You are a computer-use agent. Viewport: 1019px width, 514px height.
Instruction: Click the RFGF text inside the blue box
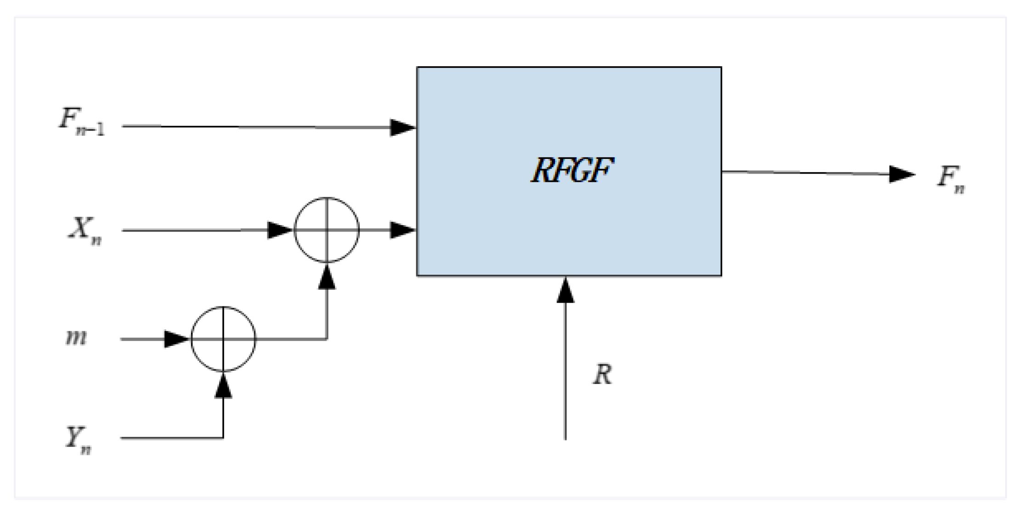[572, 171]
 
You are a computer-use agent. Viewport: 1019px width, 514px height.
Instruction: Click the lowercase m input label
[76, 338]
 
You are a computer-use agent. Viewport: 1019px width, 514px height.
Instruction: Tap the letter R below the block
[602, 375]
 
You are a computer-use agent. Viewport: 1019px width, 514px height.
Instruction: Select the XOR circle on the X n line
[327, 230]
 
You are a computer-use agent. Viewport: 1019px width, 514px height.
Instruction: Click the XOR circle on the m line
[223, 339]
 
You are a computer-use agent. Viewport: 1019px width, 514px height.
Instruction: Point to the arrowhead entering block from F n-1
[402, 128]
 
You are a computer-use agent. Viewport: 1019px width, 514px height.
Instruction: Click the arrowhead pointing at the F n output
[901, 174]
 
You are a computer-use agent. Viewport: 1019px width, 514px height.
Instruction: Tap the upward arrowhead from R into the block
[565, 291]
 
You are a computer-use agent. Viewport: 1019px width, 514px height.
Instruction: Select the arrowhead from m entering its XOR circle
[176, 339]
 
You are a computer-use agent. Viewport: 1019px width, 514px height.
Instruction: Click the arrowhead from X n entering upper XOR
[279, 230]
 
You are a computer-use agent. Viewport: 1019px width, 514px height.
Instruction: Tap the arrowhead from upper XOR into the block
[402, 230]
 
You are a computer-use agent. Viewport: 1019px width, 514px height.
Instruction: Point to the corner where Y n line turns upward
[223, 438]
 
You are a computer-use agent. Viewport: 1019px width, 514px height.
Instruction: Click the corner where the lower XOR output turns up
[327, 339]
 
